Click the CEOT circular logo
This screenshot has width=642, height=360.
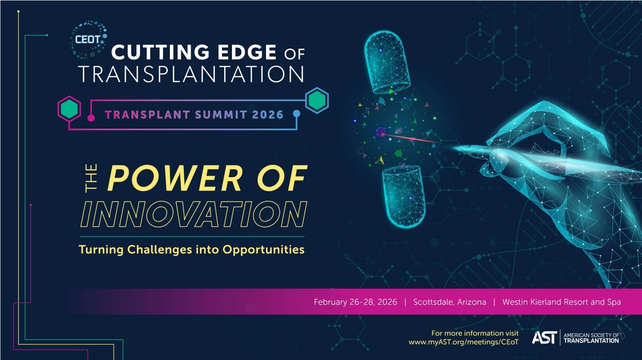point(88,40)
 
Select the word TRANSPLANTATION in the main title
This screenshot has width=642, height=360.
point(191,74)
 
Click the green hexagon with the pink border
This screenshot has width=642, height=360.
point(69,108)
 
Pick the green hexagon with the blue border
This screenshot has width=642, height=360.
point(317,100)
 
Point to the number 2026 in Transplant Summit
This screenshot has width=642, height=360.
point(268,115)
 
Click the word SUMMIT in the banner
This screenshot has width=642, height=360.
point(221,115)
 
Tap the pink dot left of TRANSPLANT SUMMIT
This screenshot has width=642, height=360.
point(91,118)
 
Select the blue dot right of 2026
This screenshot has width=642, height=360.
point(296,114)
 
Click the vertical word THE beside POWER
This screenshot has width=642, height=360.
point(91,178)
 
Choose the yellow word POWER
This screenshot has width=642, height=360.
point(175,178)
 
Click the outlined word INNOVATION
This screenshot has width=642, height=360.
point(194,214)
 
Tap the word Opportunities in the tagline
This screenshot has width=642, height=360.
point(263,250)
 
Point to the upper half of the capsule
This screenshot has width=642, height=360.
point(387,62)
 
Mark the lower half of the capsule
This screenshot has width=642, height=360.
point(403,197)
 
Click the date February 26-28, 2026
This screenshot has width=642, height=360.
point(355,302)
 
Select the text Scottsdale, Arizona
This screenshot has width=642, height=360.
point(449,302)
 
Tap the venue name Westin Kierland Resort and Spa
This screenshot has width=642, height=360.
point(561,302)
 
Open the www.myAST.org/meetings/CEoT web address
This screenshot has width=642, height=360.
point(463,342)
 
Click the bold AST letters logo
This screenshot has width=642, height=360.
point(544,337)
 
